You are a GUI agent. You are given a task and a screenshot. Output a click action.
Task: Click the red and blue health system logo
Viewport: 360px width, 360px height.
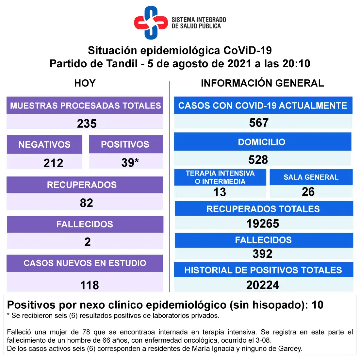coord(151,23)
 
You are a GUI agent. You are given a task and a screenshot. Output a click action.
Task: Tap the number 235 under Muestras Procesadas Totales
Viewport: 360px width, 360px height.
coord(87,123)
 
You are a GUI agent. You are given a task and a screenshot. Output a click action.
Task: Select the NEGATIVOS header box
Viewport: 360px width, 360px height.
coord(44,144)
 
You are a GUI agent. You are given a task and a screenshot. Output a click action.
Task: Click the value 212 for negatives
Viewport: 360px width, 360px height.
coord(53,163)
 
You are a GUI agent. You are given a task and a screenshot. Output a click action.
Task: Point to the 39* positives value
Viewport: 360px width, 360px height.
coord(130,162)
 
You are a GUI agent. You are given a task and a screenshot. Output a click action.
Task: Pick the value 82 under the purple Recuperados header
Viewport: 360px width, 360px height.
coord(87,203)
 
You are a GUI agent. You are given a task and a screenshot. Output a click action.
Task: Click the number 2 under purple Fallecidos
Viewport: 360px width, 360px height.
coord(88,242)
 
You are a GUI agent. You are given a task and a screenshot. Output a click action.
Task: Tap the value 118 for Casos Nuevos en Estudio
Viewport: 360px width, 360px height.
coord(90,285)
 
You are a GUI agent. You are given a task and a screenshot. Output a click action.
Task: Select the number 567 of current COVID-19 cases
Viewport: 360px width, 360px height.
coord(259,123)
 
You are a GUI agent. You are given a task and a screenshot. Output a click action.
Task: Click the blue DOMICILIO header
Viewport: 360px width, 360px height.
coord(262,142)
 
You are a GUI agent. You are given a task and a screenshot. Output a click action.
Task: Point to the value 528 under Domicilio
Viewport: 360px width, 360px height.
coord(258,160)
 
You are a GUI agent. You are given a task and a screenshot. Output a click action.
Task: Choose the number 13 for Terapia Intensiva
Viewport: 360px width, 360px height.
coord(220,192)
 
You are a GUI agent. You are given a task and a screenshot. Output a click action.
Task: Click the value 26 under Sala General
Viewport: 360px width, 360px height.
coord(308,192)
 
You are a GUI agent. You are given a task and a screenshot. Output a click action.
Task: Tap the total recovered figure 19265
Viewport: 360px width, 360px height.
coord(263,223)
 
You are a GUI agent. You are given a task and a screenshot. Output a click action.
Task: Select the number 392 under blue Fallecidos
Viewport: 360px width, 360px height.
coord(262,254)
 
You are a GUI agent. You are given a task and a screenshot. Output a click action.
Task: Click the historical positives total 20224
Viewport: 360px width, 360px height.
coord(263,285)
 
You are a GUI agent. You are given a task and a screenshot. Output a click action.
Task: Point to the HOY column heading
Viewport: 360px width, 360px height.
coord(85,83)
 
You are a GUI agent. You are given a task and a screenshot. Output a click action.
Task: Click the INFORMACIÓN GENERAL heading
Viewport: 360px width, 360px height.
coord(262,83)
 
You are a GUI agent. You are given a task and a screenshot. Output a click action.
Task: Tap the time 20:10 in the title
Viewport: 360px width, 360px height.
coord(296,63)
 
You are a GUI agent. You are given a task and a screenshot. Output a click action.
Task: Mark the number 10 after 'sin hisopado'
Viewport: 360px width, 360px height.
coord(317,305)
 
